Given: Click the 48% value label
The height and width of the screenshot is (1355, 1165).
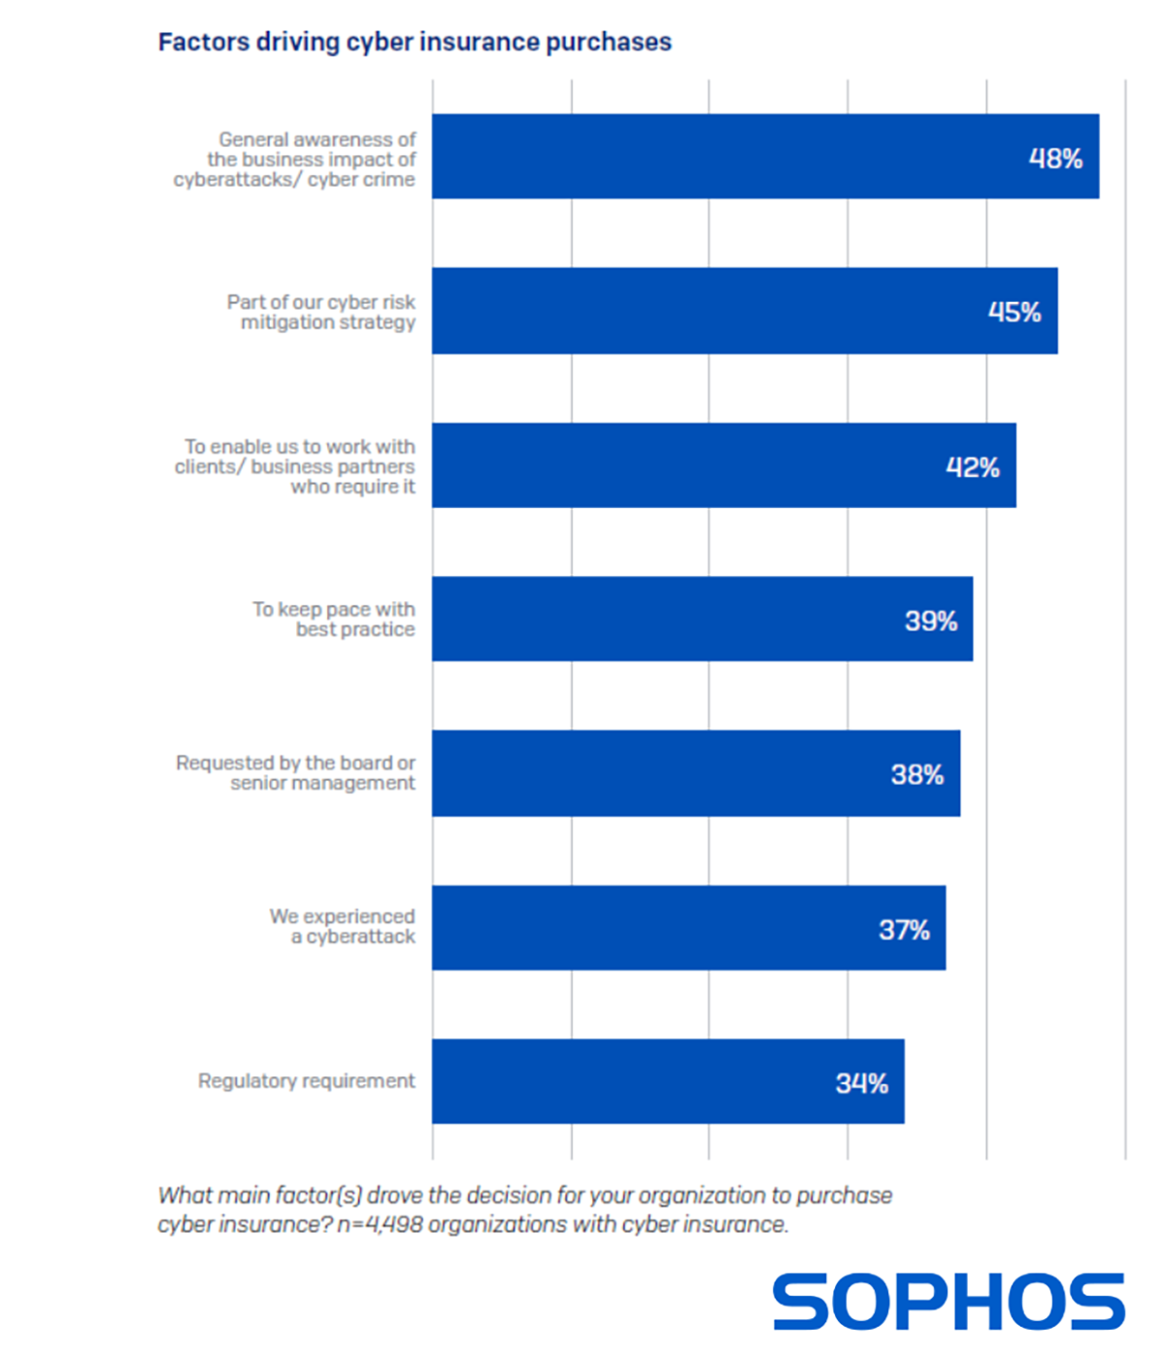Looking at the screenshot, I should coord(1055,158).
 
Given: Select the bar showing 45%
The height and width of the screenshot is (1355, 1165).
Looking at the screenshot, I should coord(745,311).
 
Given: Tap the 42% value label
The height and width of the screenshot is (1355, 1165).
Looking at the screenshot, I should coord(973,467).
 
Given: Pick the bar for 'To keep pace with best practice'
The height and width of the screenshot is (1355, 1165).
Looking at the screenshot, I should coord(702,620).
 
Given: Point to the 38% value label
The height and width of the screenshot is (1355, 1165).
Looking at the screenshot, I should coord(917,774).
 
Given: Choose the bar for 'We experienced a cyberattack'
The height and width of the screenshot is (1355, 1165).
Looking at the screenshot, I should coord(688,928).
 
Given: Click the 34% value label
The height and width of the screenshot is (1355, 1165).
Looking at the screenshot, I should coord(862,1083).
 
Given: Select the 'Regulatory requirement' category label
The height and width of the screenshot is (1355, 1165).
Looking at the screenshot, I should coord(306,1081).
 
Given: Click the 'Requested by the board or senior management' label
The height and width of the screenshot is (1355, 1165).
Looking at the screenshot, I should coord(295,773).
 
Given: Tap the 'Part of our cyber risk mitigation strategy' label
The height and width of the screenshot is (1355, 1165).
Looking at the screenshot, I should coord(321,312).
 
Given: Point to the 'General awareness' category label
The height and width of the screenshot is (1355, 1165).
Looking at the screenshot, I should coord(295,159).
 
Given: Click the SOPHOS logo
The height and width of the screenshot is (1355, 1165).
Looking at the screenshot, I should coord(949,1302).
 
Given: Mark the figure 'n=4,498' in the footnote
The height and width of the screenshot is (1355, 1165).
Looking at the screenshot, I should coord(381,1225).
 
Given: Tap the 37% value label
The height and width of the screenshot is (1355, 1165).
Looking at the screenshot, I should coord(904,930).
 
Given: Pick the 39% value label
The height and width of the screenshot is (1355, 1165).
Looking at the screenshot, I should coord(931,621).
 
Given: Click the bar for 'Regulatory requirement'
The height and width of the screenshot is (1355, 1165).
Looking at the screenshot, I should coord(668,1081).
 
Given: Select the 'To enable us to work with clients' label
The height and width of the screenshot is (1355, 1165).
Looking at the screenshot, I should coord(295,466).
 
